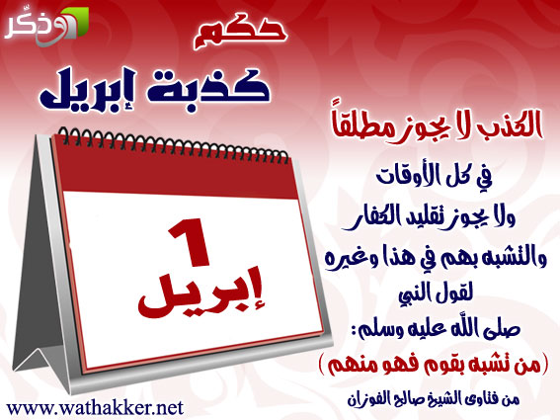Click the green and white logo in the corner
click(46, 27)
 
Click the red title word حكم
click(240, 33)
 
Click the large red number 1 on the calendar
click(189, 243)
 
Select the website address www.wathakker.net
click(95, 408)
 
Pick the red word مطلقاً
click(361, 126)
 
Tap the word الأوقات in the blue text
click(407, 176)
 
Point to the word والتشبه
click(508, 259)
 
